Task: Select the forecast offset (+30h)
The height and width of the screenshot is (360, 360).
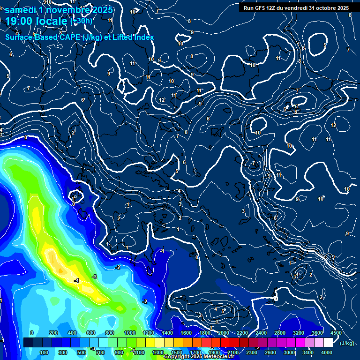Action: tap(81, 21)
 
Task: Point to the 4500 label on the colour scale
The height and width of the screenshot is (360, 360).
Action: tap(336, 333)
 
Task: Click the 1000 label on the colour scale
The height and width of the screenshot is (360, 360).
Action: tap(130, 333)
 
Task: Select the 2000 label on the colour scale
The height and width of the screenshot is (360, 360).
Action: tap(224, 333)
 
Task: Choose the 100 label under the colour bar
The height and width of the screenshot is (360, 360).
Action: tap(44, 352)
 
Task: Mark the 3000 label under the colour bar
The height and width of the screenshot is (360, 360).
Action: tap(289, 352)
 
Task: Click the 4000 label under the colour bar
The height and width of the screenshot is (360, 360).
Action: tap(327, 352)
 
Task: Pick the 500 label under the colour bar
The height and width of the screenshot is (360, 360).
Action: tap(81, 352)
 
